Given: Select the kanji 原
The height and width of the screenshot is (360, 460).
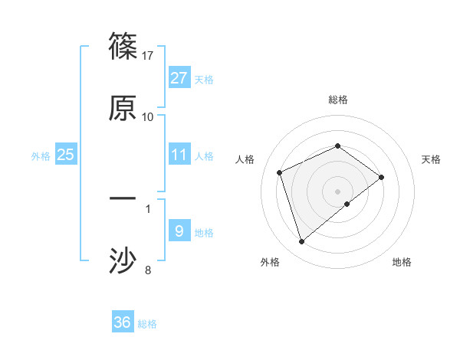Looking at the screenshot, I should (x=123, y=108).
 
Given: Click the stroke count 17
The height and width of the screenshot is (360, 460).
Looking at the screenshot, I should (x=149, y=56).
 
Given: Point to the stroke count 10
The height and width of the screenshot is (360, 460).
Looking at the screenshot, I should (x=148, y=116).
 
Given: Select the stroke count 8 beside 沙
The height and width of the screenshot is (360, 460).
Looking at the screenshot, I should (x=148, y=269).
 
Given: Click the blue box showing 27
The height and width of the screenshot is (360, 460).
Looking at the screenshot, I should (x=179, y=78).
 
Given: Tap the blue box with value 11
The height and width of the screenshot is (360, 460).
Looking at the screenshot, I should (x=179, y=155).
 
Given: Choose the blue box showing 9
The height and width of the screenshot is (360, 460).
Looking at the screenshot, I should (x=179, y=231).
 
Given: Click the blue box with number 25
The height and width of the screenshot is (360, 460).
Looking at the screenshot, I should (x=65, y=155).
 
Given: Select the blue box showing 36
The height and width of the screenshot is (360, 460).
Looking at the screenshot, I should (x=123, y=322).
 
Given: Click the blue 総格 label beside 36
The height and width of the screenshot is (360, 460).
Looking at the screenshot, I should (x=147, y=324).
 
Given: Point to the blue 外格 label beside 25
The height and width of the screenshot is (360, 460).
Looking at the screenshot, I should (x=41, y=155).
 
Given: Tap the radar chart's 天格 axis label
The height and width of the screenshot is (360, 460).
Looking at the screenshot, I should (x=431, y=159).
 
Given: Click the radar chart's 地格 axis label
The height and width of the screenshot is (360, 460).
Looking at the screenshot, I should (x=402, y=262).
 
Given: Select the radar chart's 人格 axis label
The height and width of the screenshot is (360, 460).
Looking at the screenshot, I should (x=245, y=159).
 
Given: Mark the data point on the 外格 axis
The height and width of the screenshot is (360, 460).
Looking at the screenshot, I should (x=301, y=242).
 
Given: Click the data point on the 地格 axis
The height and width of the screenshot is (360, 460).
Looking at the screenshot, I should (x=347, y=204).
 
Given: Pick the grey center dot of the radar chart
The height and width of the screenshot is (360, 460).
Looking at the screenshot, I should (x=337, y=191).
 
